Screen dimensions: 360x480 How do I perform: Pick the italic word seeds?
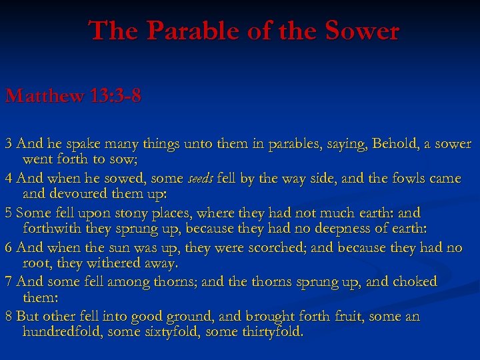(200, 179)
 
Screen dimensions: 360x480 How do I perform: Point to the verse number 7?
(8, 282)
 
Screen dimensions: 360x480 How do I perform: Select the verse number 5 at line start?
(8, 213)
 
